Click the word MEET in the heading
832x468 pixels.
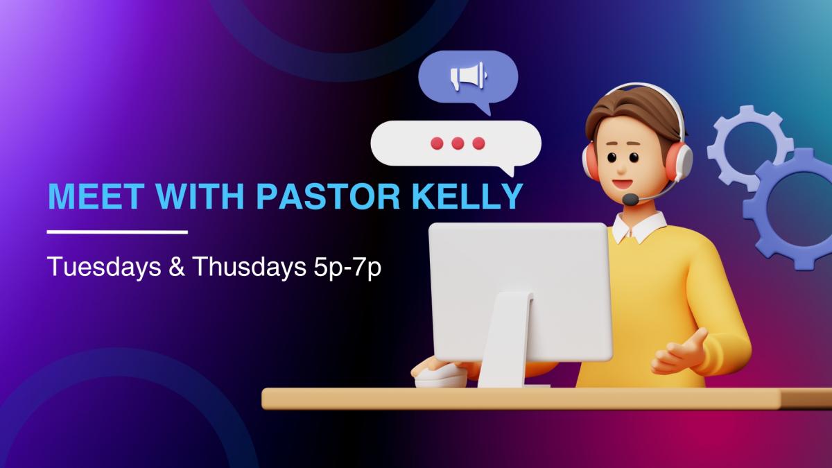pos(96,196)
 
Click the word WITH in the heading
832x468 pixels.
pos(200,196)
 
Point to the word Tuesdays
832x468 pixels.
pos(105,267)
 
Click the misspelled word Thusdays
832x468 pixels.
pos(249,267)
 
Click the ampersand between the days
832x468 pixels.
pos(176,267)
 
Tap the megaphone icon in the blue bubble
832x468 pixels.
pos(468,76)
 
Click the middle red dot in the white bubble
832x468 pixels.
pos(458,144)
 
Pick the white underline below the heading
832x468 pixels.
pos(117,232)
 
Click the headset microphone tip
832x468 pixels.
pos(630,199)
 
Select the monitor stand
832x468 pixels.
pos(507,340)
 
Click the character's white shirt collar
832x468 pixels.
pos(639,227)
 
